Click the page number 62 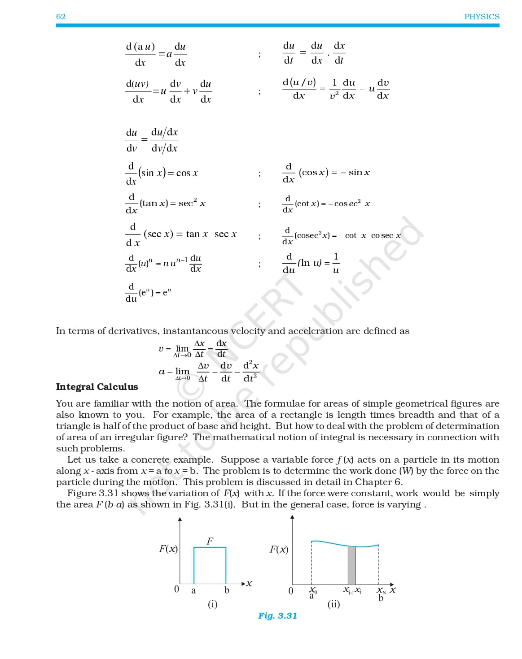click(61, 17)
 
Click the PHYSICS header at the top click(482, 17)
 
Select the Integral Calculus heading click(97, 387)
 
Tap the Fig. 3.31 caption click(277, 616)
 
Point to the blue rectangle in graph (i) click(210, 565)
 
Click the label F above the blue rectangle click(210, 541)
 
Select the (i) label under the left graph click(212, 604)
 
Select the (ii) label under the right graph click(333, 604)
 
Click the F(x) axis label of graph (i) click(168, 549)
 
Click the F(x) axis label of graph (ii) click(279, 549)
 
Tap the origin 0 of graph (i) click(176, 589)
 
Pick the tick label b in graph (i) click(227, 590)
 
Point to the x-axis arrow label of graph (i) click(249, 583)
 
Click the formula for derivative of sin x click(162, 173)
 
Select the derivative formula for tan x click(165, 203)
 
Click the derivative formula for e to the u click(148, 293)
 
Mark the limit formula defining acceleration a click(209, 372)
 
